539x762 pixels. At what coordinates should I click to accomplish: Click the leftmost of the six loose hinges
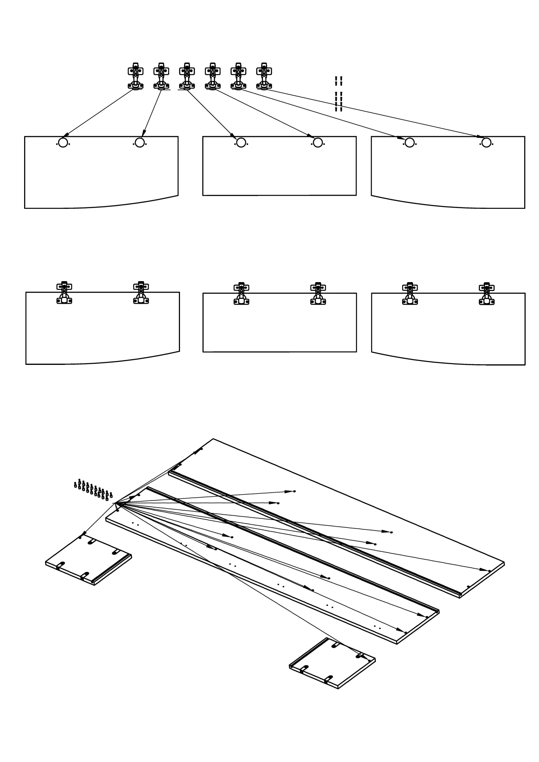pos(136,76)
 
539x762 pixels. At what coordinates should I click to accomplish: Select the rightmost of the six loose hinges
pos(264,76)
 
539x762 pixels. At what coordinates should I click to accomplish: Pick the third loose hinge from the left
pos(187,76)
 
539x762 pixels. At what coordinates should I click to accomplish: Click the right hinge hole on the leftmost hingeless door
pos(140,143)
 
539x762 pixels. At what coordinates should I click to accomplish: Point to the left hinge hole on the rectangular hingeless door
pos(241,143)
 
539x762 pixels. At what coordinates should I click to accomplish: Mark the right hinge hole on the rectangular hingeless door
pos(318,143)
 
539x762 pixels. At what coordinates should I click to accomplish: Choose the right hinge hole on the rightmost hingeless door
pos(486,143)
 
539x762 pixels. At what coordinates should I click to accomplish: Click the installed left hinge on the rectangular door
pos(241,294)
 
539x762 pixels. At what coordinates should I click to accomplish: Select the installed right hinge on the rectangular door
pos(318,294)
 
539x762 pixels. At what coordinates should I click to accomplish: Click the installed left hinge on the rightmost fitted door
pos(410,294)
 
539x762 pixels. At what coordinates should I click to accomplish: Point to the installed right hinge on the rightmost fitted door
pos(487,294)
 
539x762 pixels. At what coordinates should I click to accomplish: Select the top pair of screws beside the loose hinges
pos(338,81)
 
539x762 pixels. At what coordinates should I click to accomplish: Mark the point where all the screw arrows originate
pos(115,503)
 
